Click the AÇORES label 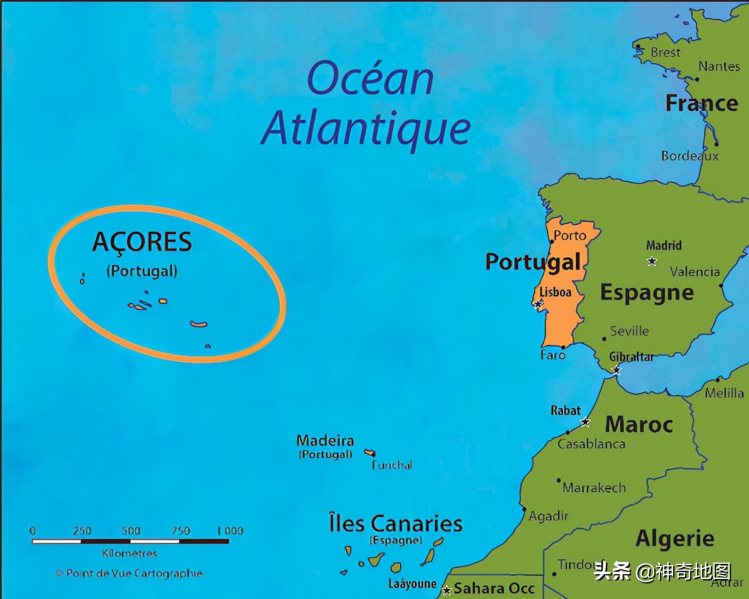(142, 242)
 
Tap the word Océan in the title (370, 79)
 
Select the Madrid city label (664, 245)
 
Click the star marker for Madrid (652, 261)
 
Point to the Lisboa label (555, 292)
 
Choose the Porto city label (570, 236)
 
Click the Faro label (553, 355)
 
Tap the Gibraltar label (631, 357)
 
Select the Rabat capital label (565, 410)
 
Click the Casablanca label (591, 444)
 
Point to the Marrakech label (594, 488)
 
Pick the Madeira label (325, 440)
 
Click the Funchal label (392, 465)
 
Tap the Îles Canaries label (396, 524)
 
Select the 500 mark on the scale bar (131, 531)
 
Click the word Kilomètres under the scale (129, 553)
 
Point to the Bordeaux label (690, 156)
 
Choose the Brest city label (665, 53)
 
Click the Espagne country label (647, 292)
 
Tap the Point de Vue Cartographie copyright (129, 573)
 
